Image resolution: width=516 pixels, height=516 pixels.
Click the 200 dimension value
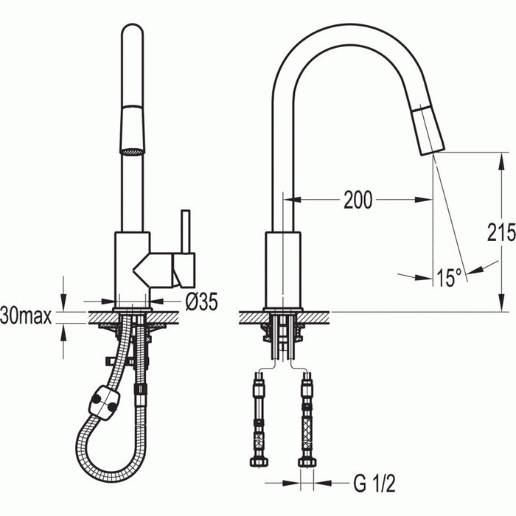click(x=358, y=200)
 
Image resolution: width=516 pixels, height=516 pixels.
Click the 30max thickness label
click(x=27, y=317)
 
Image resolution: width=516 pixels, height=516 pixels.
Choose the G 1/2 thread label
click(x=374, y=484)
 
